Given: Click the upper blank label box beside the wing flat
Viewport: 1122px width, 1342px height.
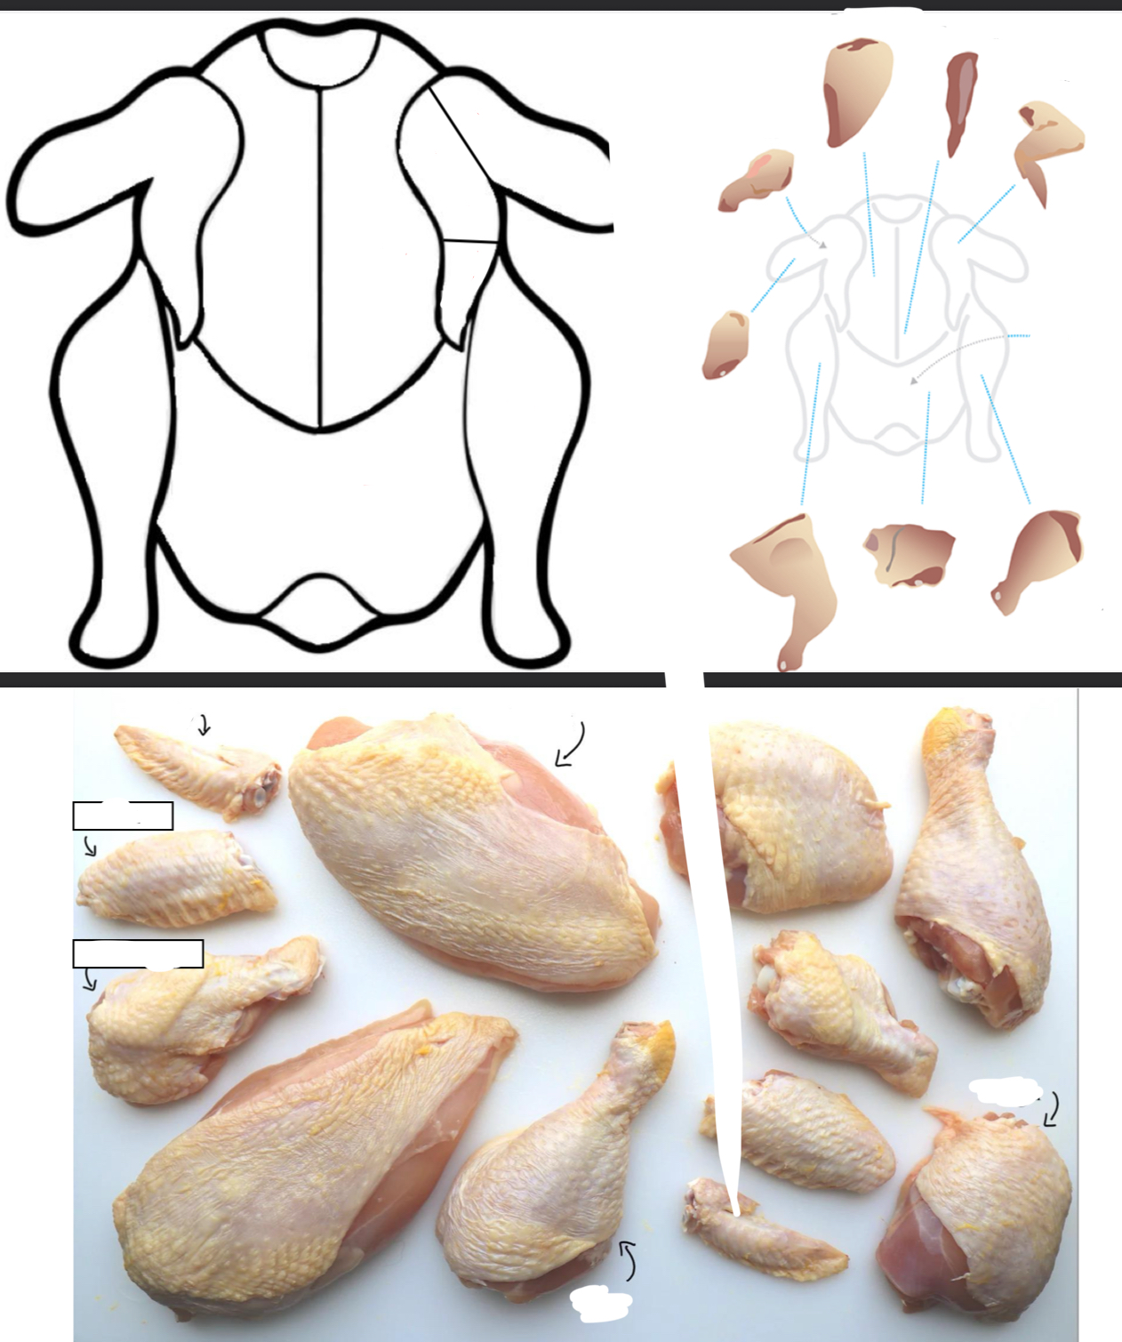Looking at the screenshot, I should pos(123,816).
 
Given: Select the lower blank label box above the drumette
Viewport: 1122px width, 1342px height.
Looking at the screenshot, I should pos(138,953).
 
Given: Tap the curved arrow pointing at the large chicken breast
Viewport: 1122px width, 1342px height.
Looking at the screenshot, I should pos(571,745).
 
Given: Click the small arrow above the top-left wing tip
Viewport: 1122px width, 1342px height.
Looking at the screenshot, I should pos(204,725).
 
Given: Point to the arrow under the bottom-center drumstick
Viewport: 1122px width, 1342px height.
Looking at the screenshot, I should pos(628,1260).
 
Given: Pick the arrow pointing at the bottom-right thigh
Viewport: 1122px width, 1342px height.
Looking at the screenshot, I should pos(1052,1110).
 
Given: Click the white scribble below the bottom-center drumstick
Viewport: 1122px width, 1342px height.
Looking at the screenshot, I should pos(601,1303).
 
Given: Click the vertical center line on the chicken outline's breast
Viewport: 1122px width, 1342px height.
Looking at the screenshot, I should pos(319,258).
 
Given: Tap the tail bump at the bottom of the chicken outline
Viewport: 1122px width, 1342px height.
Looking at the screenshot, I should pos(317,608).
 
